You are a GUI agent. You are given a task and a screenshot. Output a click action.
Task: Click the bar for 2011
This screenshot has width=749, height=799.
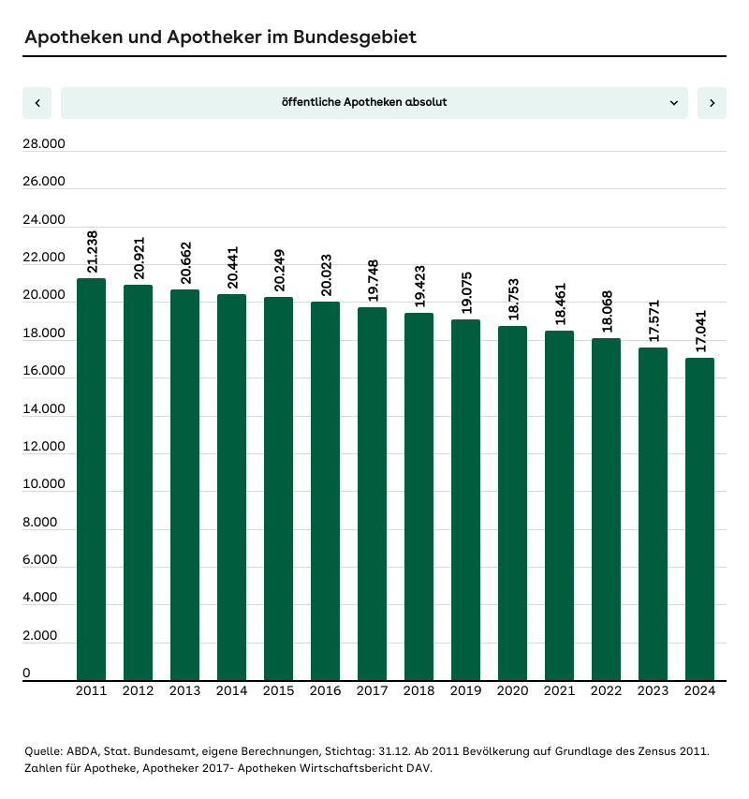click(91, 479)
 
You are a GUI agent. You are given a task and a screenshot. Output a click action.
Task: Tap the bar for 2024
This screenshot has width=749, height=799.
click(699, 519)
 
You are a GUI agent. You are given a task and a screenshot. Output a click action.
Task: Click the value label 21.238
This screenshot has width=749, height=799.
click(92, 252)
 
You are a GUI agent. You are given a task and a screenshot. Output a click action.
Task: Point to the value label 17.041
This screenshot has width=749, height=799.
click(700, 331)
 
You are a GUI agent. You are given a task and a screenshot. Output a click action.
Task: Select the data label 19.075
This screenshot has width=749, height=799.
click(466, 293)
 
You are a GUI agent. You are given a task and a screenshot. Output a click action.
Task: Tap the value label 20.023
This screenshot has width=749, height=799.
click(326, 275)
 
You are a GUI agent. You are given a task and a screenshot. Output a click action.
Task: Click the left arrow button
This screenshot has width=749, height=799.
click(37, 103)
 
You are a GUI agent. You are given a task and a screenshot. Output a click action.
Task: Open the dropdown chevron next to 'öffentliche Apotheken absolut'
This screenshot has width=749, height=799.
click(674, 103)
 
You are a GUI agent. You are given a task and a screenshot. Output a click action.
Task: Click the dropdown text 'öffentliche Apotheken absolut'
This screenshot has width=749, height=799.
click(364, 102)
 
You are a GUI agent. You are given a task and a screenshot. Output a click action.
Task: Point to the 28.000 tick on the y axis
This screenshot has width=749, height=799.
click(44, 144)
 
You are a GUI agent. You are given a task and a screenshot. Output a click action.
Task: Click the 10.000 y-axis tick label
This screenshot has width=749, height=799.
click(44, 484)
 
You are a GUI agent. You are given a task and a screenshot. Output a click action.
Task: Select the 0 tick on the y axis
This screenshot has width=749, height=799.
click(27, 673)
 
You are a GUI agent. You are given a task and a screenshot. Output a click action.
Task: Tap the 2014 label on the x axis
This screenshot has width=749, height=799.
click(231, 691)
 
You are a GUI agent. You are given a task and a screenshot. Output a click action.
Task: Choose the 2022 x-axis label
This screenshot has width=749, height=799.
click(606, 691)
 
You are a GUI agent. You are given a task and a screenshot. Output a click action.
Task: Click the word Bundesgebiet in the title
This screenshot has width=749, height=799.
click(355, 37)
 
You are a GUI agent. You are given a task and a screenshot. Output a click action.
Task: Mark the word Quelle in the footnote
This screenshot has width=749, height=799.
click(43, 751)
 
